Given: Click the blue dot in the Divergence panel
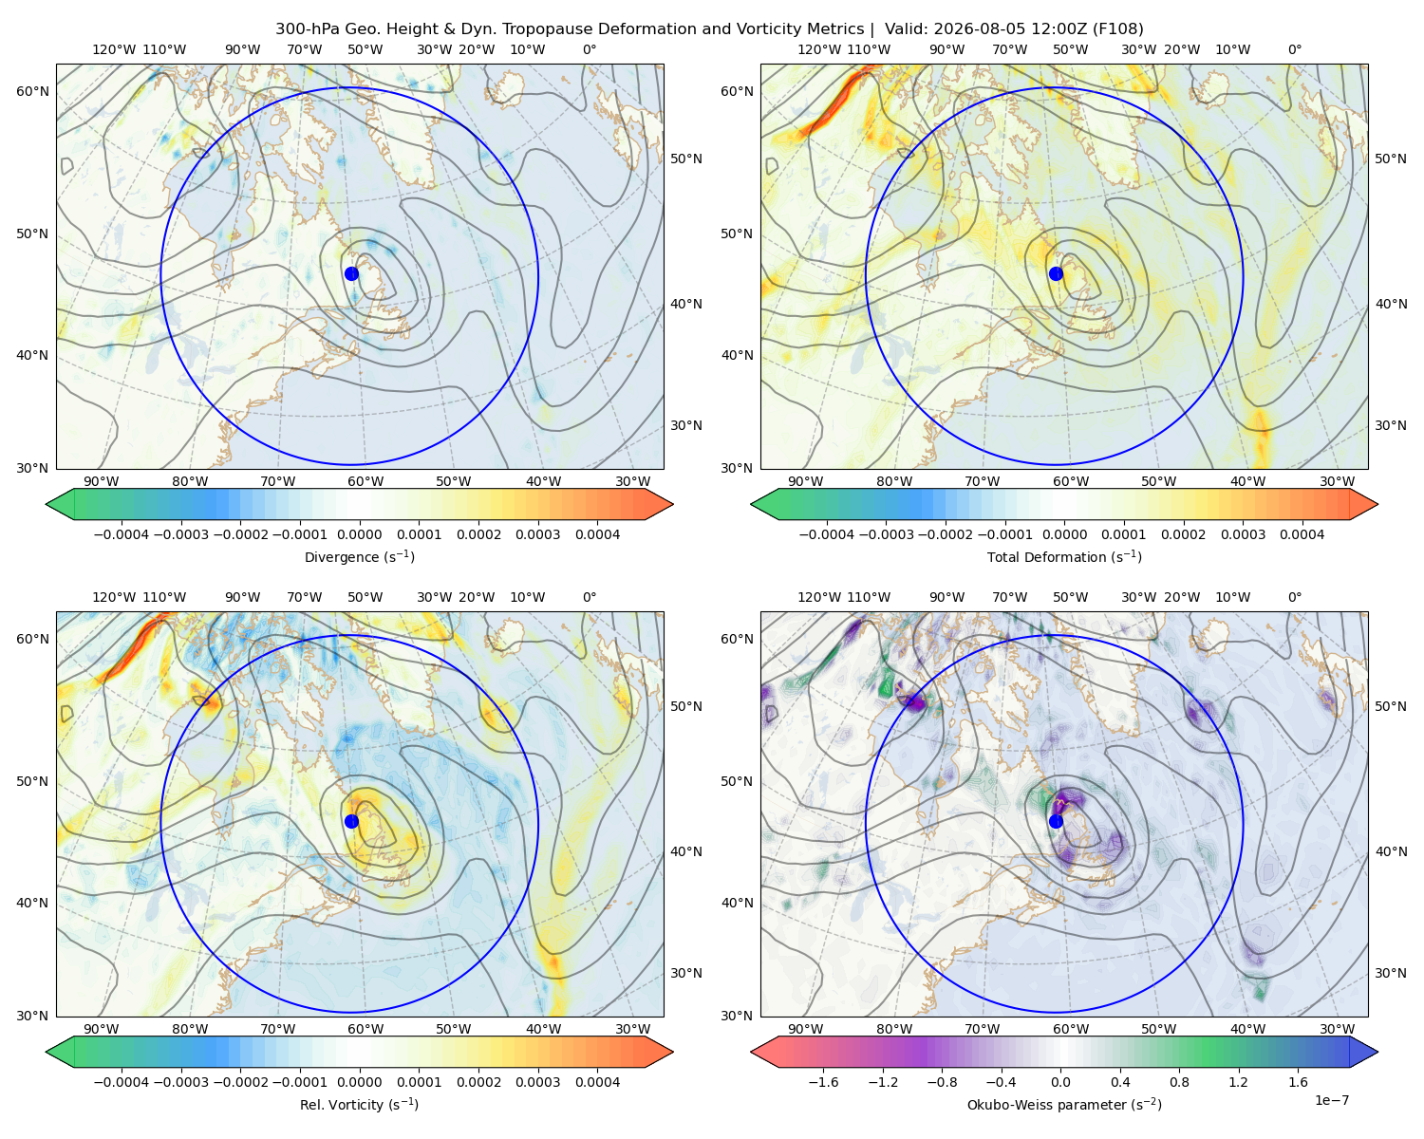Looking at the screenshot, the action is coord(351,274).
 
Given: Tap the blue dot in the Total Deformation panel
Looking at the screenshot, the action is coord(1056,274).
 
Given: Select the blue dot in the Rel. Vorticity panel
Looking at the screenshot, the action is coord(351,821).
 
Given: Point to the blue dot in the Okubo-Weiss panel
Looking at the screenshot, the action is coord(1056,821).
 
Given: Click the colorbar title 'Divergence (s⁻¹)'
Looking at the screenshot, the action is coord(359,556).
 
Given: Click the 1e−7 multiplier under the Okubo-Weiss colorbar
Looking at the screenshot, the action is coord(1331,1101).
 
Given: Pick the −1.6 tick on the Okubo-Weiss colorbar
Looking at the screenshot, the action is coord(823,1082).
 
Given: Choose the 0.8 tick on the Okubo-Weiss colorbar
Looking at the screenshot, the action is coord(1179,1082).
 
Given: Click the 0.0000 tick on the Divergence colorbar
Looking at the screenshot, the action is coord(359,534).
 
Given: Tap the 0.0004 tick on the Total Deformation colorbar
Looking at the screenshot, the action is coord(1302,534).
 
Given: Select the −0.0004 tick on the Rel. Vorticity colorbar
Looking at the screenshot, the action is coord(122,1082).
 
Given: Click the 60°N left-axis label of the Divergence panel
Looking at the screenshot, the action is coord(32,91).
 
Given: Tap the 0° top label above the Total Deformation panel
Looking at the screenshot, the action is coord(1294,49).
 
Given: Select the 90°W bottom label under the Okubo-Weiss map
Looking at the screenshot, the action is coord(805,1029).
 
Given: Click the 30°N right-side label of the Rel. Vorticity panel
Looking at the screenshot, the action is coord(686,973).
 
